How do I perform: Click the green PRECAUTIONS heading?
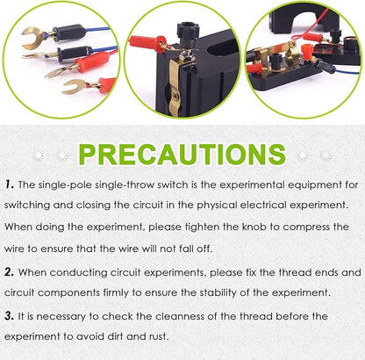coord(182,155)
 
